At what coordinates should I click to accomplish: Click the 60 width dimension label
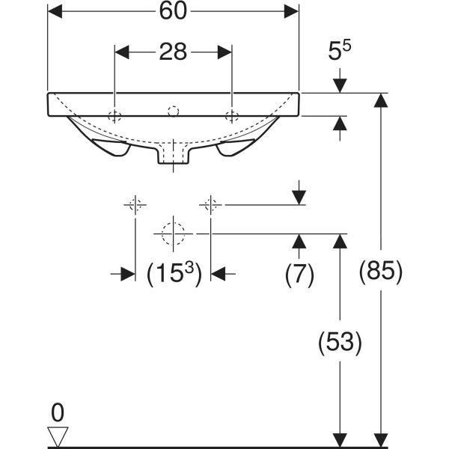coord(174,12)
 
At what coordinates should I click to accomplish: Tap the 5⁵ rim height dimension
coord(340,52)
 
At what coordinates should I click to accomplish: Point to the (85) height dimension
coord(382,270)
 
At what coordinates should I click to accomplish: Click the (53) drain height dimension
coord(340,342)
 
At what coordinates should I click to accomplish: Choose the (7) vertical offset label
coord(299,274)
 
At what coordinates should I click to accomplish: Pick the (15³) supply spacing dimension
coord(173,274)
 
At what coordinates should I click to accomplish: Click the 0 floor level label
coord(57,412)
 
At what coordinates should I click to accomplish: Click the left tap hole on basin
coord(114,115)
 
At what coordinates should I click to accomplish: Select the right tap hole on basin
coord(232,115)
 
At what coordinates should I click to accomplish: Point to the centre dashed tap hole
coord(174,112)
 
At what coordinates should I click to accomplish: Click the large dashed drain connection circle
coord(174,233)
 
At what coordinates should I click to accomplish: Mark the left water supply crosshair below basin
coord(135,204)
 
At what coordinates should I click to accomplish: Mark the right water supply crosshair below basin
coord(212,204)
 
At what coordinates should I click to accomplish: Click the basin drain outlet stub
coord(174,156)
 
